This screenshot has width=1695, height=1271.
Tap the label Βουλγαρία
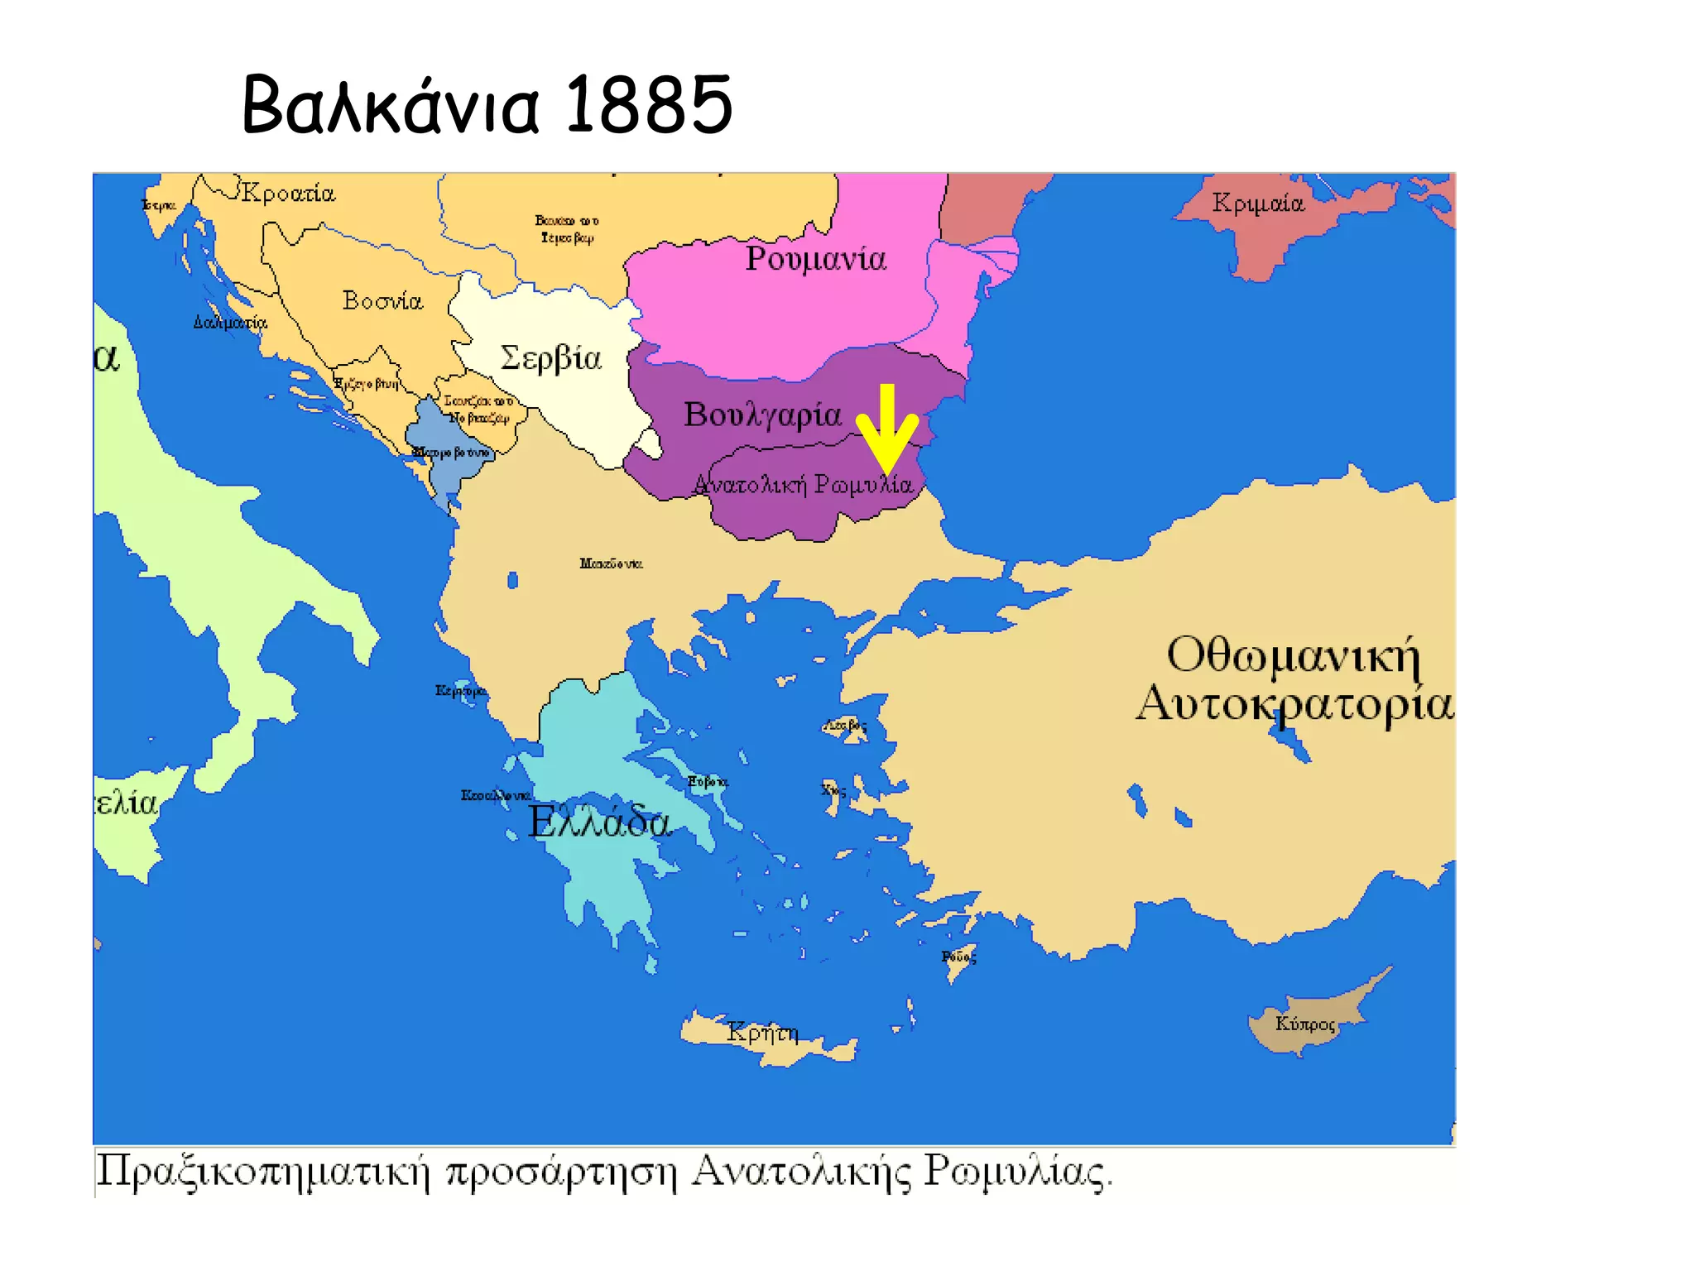pyautogui.click(x=762, y=415)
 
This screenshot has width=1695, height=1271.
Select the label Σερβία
pyautogui.click(x=550, y=358)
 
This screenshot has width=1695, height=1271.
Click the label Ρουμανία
pyautogui.click(x=815, y=259)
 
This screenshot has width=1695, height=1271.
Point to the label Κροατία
pyautogui.click(x=288, y=194)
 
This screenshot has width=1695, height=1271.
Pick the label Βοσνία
pyautogui.click(x=382, y=300)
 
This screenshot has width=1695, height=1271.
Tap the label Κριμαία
pyautogui.click(x=1257, y=203)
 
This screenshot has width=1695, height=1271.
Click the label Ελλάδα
pyautogui.click(x=599, y=823)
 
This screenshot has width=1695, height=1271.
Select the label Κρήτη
pyautogui.click(x=762, y=1033)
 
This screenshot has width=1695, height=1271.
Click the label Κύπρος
pyautogui.click(x=1305, y=1024)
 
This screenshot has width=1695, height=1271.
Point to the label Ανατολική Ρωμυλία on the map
pyautogui.click(x=803, y=484)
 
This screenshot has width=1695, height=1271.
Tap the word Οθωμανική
pyautogui.click(x=1293, y=655)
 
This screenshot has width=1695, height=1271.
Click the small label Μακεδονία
pyautogui.click(x=611, y=564)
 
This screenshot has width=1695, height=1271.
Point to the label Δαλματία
pyautogui.click(x=230, y=323)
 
